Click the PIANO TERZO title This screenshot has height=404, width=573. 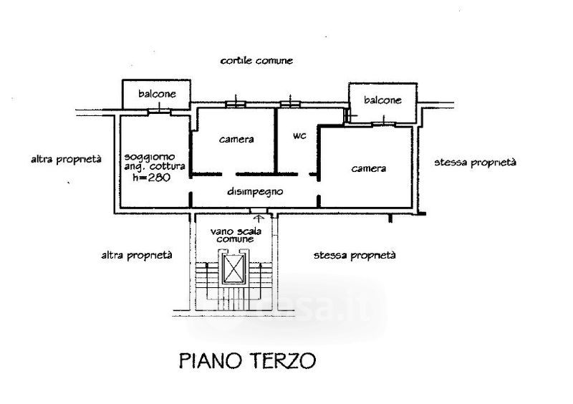point(247,360)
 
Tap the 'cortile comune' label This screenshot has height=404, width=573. point(256,61)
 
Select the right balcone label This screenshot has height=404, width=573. point(382,100)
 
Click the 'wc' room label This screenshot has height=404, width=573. point(299,136)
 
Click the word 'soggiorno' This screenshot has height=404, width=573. point(147,156)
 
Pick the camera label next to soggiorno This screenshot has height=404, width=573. point(236,140)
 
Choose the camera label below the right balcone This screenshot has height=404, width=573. point(369,168)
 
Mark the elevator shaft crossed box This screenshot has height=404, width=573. point(235,269)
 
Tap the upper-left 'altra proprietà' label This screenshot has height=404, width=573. point(66,159)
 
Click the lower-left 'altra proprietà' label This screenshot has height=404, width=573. point(136,254)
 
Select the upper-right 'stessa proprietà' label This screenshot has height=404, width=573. point(475,163)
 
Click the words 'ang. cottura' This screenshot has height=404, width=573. point(154,167)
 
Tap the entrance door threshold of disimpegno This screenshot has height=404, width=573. point(259,210)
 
